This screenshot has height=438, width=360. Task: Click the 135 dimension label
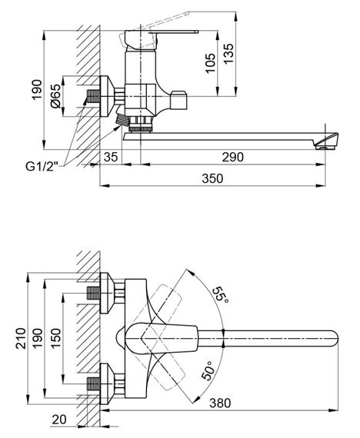[x=228, y=54]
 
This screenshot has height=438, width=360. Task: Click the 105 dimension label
[x=210, y=63]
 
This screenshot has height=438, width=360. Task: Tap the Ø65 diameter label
[x=55, y=96]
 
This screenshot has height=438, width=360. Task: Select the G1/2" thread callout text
[x=42, y=167]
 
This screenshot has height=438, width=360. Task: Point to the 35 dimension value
[x=111, y=157]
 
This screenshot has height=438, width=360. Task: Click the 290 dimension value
[x=233, y=157]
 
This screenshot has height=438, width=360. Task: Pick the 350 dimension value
[x=212, y=178]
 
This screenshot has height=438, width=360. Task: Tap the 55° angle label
[x=221, y=296]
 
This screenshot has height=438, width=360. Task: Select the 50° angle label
[x=208, y=370]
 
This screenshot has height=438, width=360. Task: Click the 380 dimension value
[x=221, y=403]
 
